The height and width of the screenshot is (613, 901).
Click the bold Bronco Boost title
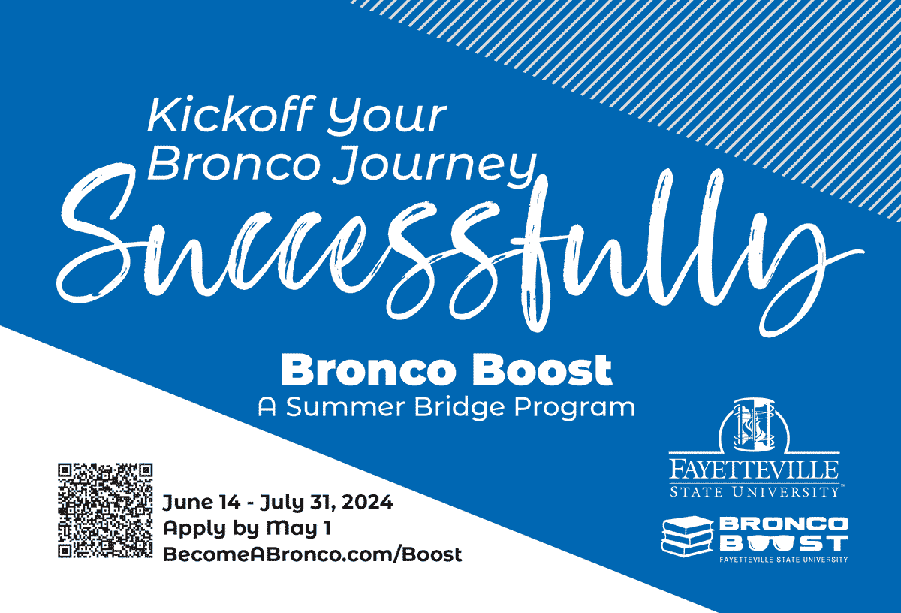[x=446, y=370]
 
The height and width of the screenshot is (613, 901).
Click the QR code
[x=106, y=510]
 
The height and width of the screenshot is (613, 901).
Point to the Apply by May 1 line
[x=247, y=528]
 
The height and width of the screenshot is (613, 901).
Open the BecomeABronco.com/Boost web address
[x=312, y=554]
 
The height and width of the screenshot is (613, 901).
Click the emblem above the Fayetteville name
[x=754, y=428]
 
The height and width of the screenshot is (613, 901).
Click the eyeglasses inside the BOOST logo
[x=767, y=542]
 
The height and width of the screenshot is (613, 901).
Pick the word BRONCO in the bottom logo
[x=783, y=523]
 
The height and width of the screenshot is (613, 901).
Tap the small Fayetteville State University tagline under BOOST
[x=783, y=560]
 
